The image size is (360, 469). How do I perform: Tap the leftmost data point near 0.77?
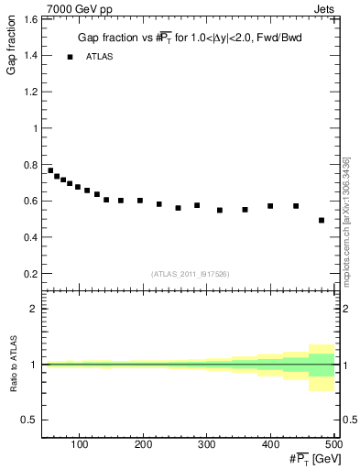click(x=50, y=170)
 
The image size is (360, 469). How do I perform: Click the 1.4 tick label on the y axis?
click(x=30, y=56)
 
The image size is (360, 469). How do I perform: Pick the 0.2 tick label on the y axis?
click(x=30, y=274)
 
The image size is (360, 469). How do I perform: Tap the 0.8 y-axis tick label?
click(x=30, y=165)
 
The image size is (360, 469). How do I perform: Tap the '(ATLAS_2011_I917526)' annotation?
click(x=190, y=275)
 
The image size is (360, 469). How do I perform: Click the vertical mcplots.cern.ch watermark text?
click(x=348, y=220)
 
